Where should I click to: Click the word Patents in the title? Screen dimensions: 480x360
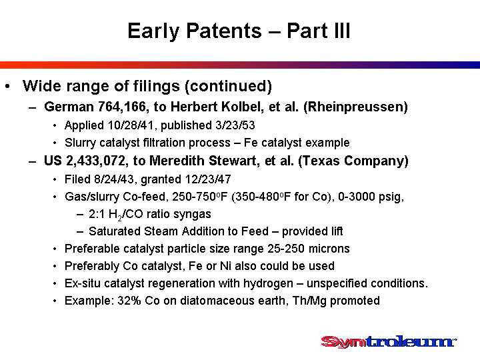[224, 31]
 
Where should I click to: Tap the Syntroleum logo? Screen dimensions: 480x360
[389, 341]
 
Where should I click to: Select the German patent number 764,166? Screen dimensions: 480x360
[122, 107]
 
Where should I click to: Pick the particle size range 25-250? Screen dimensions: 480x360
[286, 249]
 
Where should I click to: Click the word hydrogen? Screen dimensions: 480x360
[268, 283]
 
